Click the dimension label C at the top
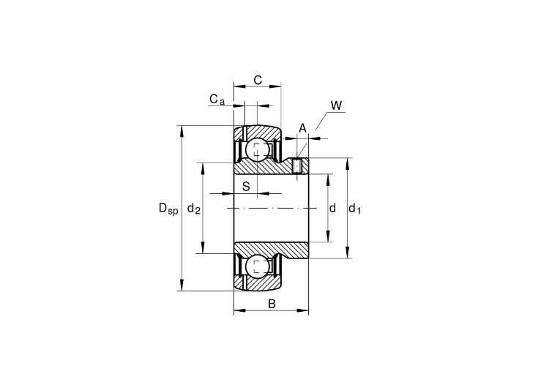pos(258,81)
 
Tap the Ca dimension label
pos(217,100)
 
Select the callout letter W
pos(336,105)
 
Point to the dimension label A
pos(302,128)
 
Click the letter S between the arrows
pos(246,187)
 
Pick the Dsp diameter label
pos(168,209)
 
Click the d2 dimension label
pos(194,209)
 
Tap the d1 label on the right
pos(355,209)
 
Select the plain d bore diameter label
pos(332,208)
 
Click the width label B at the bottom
pos(272,304)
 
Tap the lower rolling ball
pos(258,267)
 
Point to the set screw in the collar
pos(297,165)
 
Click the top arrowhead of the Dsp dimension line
pos(182,130)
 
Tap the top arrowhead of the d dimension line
pos(328,179)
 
